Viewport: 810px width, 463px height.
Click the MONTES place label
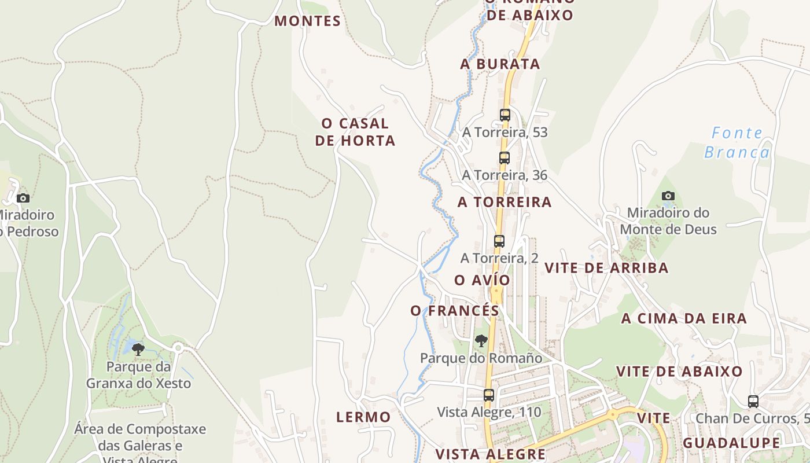pyautogui.click(x=307, y=21)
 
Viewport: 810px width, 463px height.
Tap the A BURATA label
pyautogui.click(x=500, y=64)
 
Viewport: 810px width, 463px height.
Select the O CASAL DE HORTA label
pyautogui.click(x=355, y=132)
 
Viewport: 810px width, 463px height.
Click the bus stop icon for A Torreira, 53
pyautogui.click(x=505, y=115)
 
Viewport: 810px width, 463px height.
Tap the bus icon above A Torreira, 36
pyautogui.click(x=505, y=158)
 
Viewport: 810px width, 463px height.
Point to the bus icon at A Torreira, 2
pyautogui.click(x=499, y=241)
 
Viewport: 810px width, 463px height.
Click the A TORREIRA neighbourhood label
pyautogui.click(x=505, y=202)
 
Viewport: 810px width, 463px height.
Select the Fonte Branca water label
pyautogui.click(x=737, y=142)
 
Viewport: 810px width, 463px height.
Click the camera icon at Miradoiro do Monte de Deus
pyautogui.click(x=668, y=196)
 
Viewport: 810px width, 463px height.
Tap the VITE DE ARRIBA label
pyautogui.click(x=606, y=268)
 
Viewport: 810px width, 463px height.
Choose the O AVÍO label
pyautogui.click(x=483, y=280)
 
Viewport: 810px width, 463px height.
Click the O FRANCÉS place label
pyautogui.click(x=455, y=311)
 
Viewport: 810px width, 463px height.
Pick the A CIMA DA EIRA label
pyautogui.click(x=684, y=318)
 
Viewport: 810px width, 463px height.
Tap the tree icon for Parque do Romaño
pyautogui.click(x=481, y=341)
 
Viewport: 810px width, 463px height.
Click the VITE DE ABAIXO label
pyautogui.click(x=679, y=372)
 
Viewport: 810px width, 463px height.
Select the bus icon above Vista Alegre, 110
pyautogui.click(x=489, y=395)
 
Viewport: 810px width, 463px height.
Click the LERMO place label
pyautogui.click(x=363, y=417)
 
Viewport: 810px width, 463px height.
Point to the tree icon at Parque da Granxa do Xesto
pyautogui.click(x=138, y=349)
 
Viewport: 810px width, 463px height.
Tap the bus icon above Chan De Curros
pyautogui.click(x=753, y=401)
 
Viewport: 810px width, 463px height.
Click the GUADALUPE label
pyautogui.click(x=731, y=443)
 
